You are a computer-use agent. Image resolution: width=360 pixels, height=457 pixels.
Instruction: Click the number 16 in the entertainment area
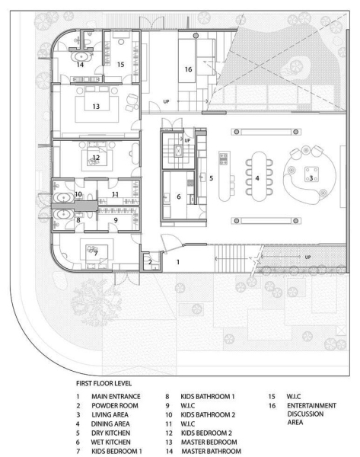click(x=188, y=69)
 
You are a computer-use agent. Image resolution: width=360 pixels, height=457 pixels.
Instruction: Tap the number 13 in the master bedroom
click(x=96, y=107)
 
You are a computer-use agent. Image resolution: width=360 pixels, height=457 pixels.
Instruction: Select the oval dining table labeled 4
click(x=258, y=177)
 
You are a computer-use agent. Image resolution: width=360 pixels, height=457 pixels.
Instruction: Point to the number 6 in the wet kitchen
click(x=179, y=197)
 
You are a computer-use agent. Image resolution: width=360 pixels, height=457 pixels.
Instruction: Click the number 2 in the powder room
click(x=150, y=262)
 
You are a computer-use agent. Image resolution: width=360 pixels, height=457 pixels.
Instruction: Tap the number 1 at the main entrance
click(x=178, y=262)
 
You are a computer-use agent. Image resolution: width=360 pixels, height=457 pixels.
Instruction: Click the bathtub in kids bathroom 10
click(x=63, y=198)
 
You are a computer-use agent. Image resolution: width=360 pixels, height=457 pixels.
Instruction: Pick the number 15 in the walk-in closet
click(x=121, y=65)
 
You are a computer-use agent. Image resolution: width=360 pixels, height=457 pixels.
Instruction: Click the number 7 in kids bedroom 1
click(x=96, y=253)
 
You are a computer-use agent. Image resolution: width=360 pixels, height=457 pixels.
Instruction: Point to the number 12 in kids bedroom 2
click(x=96, y=158)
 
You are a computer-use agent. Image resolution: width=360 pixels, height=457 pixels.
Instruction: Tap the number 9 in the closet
click(x=116, y=220)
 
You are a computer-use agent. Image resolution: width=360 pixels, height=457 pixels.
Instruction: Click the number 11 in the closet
click(x=116, y=193)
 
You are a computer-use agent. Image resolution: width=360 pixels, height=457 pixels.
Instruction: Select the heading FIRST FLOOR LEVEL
click(x=104, y=383)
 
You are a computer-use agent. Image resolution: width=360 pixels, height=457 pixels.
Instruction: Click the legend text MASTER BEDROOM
click(x=209, y=442)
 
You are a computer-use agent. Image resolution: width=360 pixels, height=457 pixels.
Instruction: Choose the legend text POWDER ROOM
click(x=115, y=405)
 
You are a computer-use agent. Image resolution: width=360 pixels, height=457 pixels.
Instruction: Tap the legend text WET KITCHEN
click(x=110, y=442)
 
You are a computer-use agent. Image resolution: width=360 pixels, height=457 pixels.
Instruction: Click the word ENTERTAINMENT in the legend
click(x=311, y=405)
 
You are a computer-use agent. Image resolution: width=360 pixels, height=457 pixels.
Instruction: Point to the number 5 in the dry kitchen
click(x=211, y=178)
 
